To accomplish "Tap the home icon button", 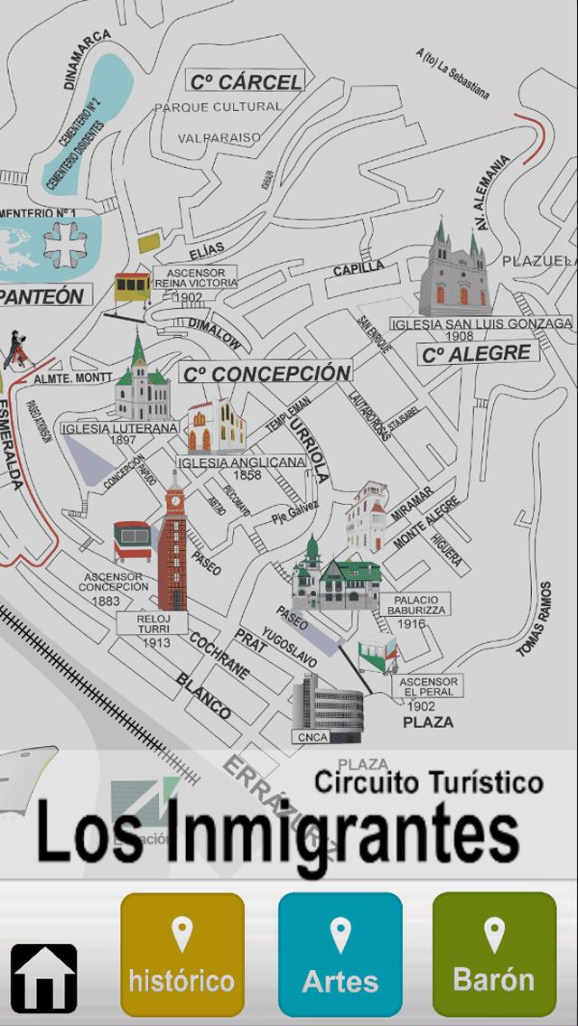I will click(43, 977).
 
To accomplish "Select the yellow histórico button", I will click(182, 955).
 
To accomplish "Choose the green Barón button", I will click(493, 955).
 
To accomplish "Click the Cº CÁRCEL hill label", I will click(245, 82).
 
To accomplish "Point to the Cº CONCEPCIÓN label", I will click(265, 372).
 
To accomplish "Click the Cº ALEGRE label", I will click(478, 353).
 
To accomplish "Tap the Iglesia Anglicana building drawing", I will click(215, 427).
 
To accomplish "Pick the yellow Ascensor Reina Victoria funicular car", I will click(132, 286).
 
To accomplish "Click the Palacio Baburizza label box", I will click(415, 605).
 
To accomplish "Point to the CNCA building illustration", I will click(327, 707).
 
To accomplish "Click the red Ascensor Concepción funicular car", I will click(132, 541).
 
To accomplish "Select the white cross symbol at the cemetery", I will click(67, 242).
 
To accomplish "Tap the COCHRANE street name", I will click(219, 655).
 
